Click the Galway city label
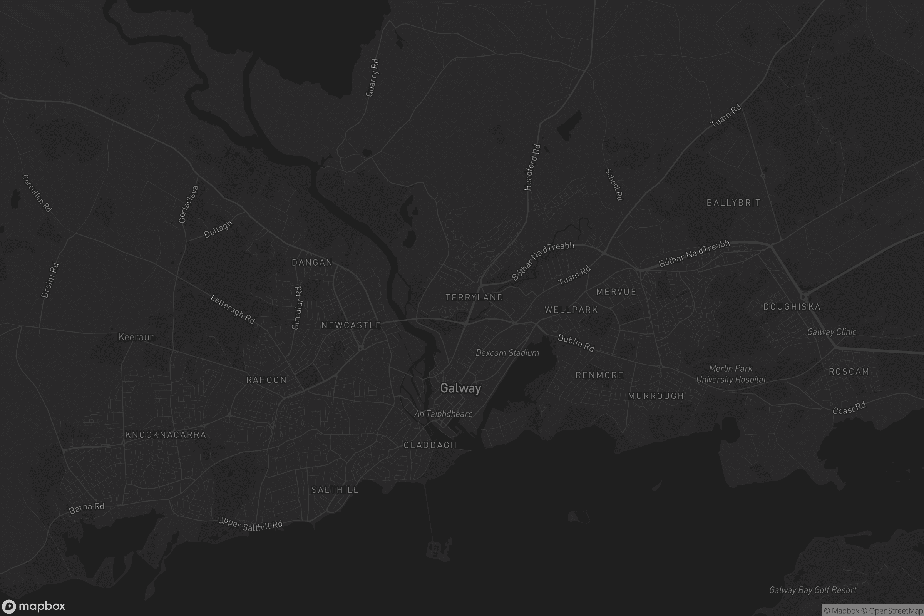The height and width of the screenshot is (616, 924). tap(460, 388)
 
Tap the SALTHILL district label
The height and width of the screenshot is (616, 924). tap(335, 490)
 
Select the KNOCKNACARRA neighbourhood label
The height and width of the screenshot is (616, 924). tap(166, 435)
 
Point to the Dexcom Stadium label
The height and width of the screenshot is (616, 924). tap(507, 353)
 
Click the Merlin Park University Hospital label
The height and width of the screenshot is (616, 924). tap(731, 374)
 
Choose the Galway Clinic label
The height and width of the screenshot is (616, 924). tap(832, 332)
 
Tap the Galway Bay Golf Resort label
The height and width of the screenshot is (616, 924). tap(812, 590)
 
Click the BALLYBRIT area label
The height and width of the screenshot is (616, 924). tap(733, 203)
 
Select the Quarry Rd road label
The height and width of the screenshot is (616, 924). tap(372, 78)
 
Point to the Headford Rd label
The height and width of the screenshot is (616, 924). tap(532, 167)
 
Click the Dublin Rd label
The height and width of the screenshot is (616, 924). tap(576, 343)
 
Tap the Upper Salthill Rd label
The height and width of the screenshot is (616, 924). tap(250, 524)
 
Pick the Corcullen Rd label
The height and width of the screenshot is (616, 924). tap(37, 193)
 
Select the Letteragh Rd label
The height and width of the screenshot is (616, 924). tap(233, 309)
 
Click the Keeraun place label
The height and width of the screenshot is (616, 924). tap(136, 337)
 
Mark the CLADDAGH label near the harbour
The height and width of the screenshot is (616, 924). tap(430, 445)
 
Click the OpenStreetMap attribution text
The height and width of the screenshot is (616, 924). tap(896, 611)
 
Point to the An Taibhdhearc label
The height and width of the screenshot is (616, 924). tap(443, 413)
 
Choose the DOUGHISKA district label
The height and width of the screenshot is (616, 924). tap(792, 307)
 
